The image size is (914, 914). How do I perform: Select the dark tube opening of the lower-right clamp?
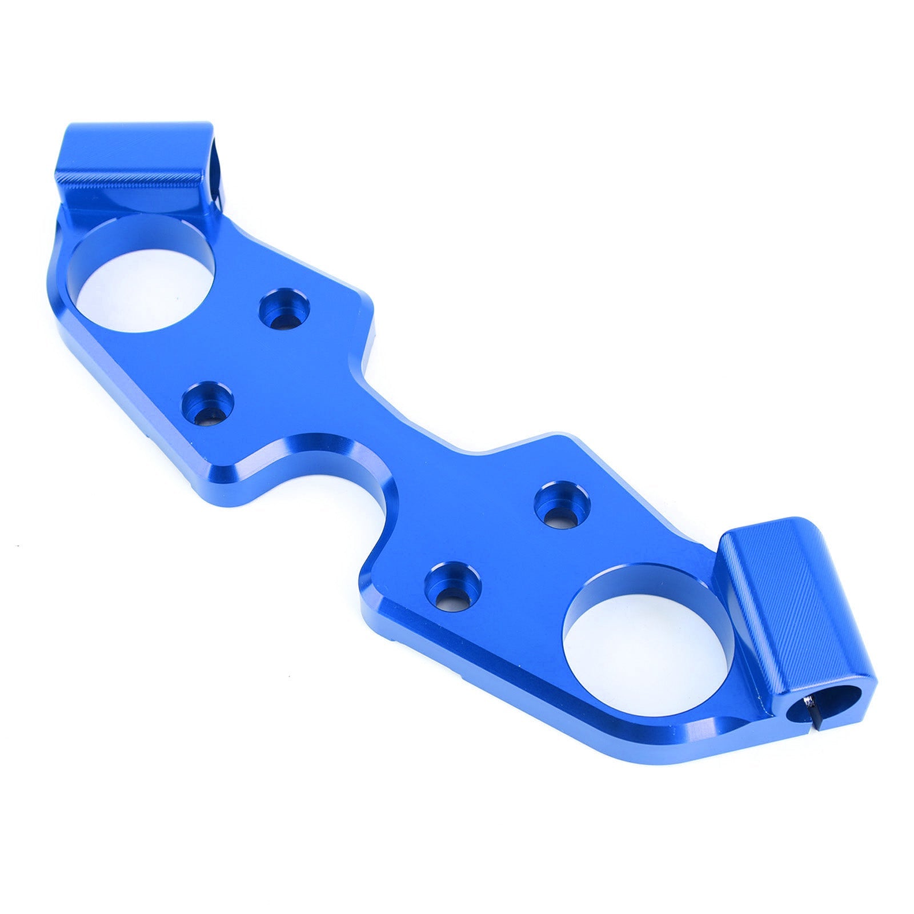coord(803,714)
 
